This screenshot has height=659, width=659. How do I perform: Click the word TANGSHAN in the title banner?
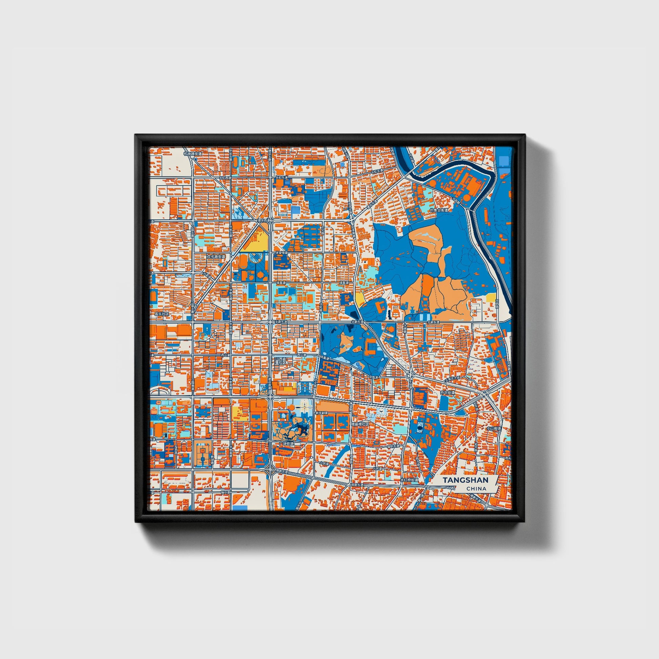coord(466,480)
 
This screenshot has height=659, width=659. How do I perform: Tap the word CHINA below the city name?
coord(476,488)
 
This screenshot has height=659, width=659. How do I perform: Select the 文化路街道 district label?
coord(216,256)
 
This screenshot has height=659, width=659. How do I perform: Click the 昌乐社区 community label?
coord(162,314)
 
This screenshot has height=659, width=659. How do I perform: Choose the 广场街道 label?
coord(286,444)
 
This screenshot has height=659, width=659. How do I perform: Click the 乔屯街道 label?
coord(448,392)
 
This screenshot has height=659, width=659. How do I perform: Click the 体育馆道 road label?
coord(282,253)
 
